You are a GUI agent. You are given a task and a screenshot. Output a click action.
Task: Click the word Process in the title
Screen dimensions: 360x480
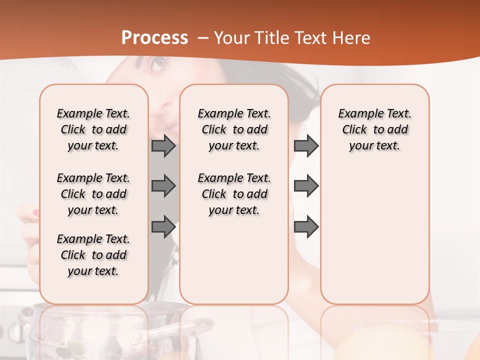pyautogui.click(x=154, y=38)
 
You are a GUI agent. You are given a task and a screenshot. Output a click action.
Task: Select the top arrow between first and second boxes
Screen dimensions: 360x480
pyautogui.click(x=163, y=146)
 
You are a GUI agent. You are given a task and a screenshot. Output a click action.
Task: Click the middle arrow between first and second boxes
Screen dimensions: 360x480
pyautogui.click(x=163, y=186)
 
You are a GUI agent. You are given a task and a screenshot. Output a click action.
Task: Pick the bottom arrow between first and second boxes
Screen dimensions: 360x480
pyautogui.click(x=163, y=227)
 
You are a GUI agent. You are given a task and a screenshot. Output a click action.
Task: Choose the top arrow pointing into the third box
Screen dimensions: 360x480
pyautogui.click(x=306, y=146)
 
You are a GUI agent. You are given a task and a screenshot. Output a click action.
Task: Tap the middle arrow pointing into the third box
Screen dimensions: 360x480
pyautogui.click(x=306, y=186)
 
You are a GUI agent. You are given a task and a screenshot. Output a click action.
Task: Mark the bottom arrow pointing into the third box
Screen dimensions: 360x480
pyautogui.click(x=306, y=227)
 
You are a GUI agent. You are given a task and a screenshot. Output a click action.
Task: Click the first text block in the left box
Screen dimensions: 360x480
pyautogui.click(x=93, y=129)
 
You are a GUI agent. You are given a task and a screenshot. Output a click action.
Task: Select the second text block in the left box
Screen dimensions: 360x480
pyautogui.click(x=93, y=194)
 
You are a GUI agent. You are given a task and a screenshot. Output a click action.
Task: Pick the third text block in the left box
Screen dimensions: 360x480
pyautogui.click(x=93, y=255)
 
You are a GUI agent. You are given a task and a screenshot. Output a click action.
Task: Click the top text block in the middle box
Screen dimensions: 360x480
pyautogui.click(x=234, y=129)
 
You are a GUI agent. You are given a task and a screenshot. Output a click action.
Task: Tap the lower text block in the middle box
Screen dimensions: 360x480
pyautogui.click(x=234, y=194)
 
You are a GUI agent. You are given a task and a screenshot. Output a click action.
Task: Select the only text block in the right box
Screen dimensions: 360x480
pyautogui.click(x=374, y=129)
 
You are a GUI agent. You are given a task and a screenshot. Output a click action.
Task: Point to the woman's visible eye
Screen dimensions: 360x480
pyautogui.click(x=159, y=63)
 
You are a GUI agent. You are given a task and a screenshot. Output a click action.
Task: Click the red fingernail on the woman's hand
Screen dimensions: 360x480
pyautogui.click(x=35, y=213)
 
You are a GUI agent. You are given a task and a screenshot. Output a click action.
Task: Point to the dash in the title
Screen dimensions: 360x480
pyautogui.click(x=203, y=38)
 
